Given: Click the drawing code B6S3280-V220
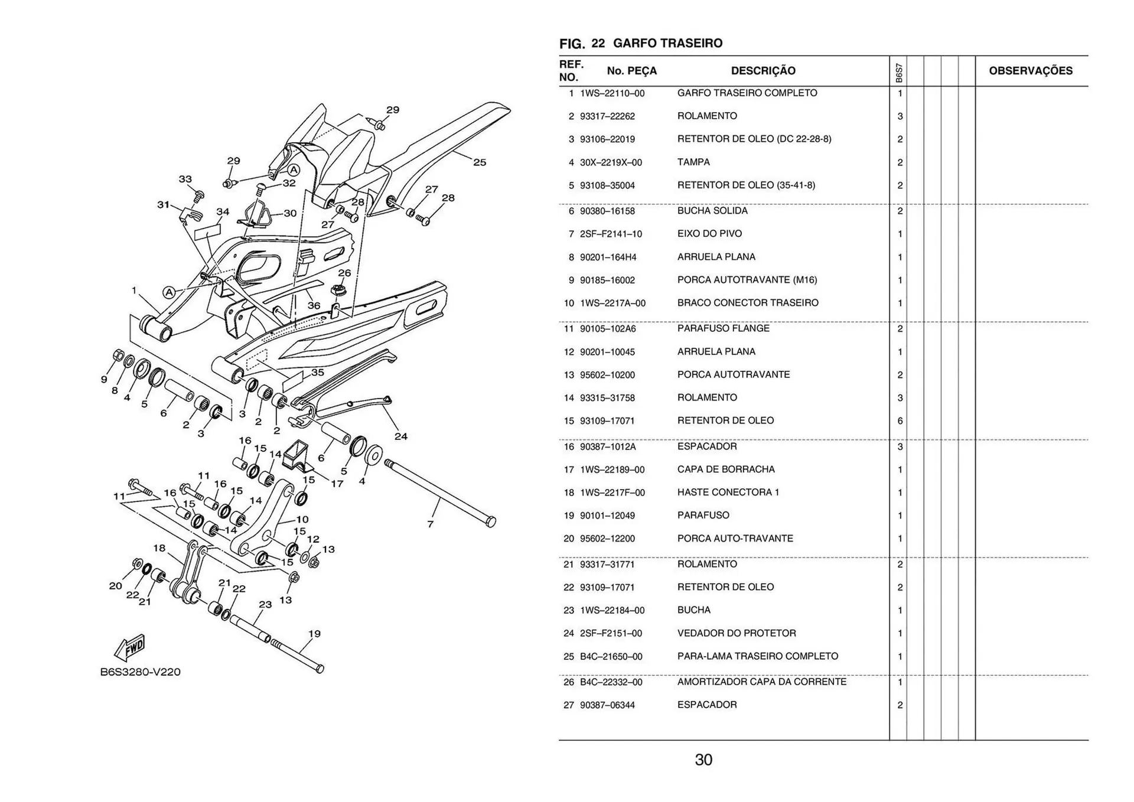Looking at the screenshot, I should (140, 672).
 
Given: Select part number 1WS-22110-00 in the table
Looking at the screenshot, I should (612, 93).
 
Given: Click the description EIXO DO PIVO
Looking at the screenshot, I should (709, 234).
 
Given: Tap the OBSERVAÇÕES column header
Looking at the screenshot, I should (1031, 71).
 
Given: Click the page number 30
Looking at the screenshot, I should (703, 759).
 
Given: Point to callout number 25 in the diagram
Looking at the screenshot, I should (480, 162).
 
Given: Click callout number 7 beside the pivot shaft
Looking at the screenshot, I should (430, 524).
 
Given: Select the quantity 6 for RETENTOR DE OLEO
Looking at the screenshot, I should (900, 421).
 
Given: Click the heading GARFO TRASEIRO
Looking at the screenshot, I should (667, 43).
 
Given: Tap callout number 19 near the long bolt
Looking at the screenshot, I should (314, 634).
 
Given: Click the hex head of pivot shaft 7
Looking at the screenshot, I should (490, 521).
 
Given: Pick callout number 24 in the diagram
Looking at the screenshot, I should (401, 436).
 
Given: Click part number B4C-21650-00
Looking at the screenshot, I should (611, 657).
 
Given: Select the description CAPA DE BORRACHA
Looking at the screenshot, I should (726, 470).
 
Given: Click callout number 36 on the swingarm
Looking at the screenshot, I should (314, 305).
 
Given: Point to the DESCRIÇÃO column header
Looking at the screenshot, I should (763, 71).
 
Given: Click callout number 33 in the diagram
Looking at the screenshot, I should (185, 179).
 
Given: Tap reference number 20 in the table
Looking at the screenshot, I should (568, 539).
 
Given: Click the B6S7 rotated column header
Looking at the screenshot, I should (898, 73).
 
